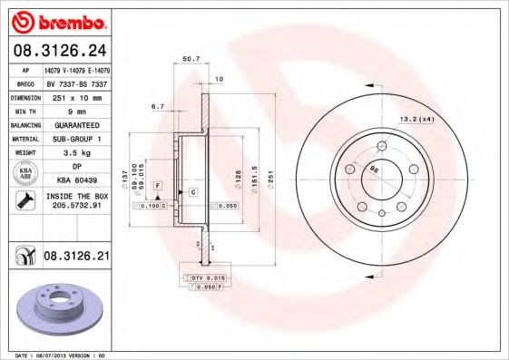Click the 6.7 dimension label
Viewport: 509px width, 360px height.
tap(157, 106)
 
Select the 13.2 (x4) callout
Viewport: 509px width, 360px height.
tap(416, 118)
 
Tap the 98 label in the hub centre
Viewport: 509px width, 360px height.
tap(374, 166)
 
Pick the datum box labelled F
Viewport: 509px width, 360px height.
tap(158, 185)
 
